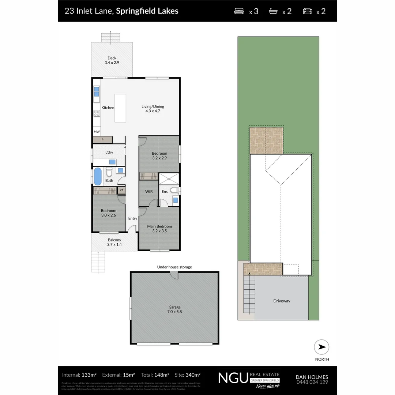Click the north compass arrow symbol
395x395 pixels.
[321, 347]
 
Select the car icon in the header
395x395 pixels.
[307, 11]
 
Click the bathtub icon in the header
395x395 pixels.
[274, 11]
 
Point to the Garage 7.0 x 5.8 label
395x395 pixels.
[174, 309]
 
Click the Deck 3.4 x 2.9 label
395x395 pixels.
[112, 60]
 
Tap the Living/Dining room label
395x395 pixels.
[153, 109]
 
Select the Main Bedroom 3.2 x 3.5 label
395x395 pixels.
[159, 229]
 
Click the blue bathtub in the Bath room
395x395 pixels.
[98, 176]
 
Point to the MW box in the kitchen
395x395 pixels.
[97, 132]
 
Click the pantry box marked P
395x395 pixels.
[102, 139]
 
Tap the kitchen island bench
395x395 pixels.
[120, 108]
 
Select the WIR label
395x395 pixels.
[149, 192]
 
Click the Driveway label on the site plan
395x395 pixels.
[282, 301]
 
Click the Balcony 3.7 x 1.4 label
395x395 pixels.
[114, 242]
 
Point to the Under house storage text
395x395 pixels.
[174, 267]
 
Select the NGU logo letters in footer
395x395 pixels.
[233, 378]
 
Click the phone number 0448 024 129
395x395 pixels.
[312, 382]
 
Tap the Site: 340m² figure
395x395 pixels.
[188, 375]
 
